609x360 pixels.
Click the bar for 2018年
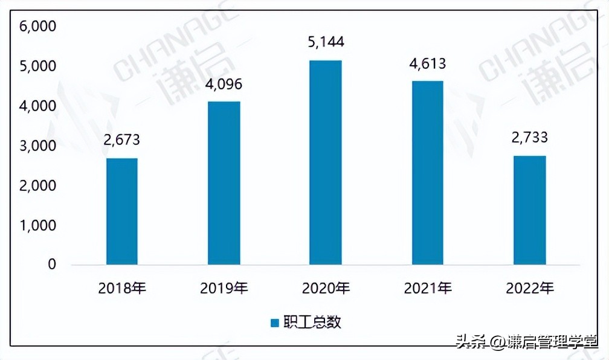click(x=122, y=211)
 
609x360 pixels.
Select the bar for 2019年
click(x=224, y=183)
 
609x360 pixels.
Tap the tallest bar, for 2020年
click(x=325, y=162)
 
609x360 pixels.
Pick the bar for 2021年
click(x=427, y=173)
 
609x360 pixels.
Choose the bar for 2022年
click(x=529, y=210)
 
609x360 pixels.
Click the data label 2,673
click(x=122, y=140)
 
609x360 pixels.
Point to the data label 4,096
click(x=224, y=83)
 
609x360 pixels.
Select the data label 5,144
click(x=325, y=42)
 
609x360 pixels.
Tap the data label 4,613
click(x=427, y=63)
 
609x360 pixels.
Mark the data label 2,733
click(x=529, y=138)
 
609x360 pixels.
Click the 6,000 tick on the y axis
click(x=37, y=27)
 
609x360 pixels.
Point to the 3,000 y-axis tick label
click(x=37, y=146)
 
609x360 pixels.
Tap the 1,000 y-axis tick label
click(x=37, y=225)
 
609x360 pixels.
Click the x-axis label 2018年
click(x=122, y=288)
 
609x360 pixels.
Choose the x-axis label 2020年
click(x=325, y=288)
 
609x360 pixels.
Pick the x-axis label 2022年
click(x=529, y=288)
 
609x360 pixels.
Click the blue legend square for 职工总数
click(x=274, y=323)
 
